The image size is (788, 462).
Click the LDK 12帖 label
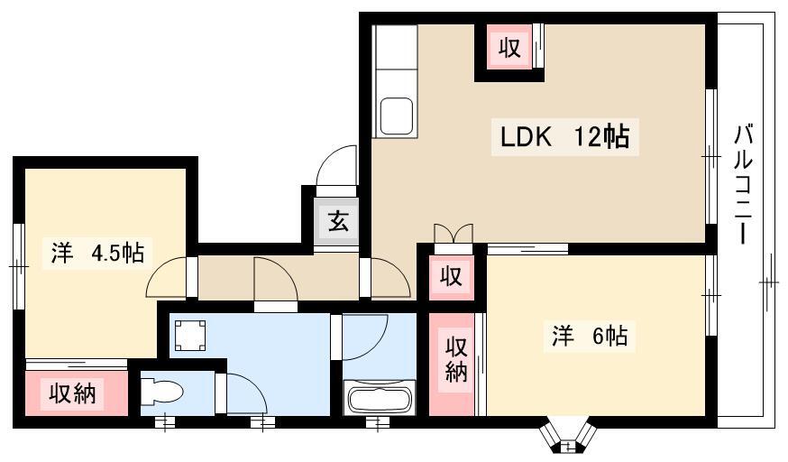(x=564, y=137)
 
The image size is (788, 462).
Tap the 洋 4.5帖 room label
(x=97, y=253)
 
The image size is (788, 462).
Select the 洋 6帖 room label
(x=590, y=336)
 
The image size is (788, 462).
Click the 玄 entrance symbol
(x=338, y=221)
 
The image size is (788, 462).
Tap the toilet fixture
(x=160, y=391)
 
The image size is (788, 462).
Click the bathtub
(x=380, y=398)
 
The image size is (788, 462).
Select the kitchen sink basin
(x=396, y=116)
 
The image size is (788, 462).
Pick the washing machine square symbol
(x=190, y=336)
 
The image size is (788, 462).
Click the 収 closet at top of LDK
(x=509, y=48)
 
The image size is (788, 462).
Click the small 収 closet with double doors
(x=452, y=276)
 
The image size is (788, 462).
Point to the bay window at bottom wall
(x=567, y=438)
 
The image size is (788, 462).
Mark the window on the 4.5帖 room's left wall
(x=18, y=266)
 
